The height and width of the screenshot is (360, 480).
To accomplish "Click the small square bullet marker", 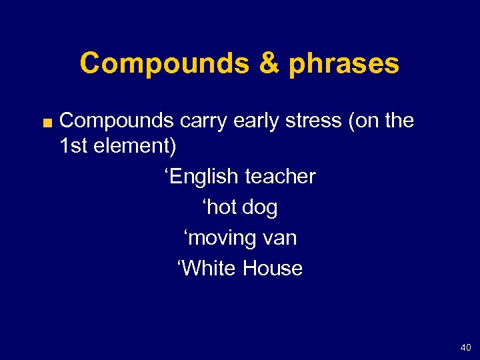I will coord(48,122).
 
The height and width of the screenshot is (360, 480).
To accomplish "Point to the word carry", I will coord(202,121).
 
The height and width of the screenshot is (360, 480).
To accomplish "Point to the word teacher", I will coord(281,177).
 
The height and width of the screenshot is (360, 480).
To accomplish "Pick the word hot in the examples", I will coord(221,207).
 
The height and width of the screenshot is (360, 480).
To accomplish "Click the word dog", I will coord(260,207).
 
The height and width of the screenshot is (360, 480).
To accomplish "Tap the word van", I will coord(279,238).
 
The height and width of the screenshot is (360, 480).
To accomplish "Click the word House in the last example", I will coord(273,269).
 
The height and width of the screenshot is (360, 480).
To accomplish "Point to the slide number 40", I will coord(465,347).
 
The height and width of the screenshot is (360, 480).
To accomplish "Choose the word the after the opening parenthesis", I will coord(397,121).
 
